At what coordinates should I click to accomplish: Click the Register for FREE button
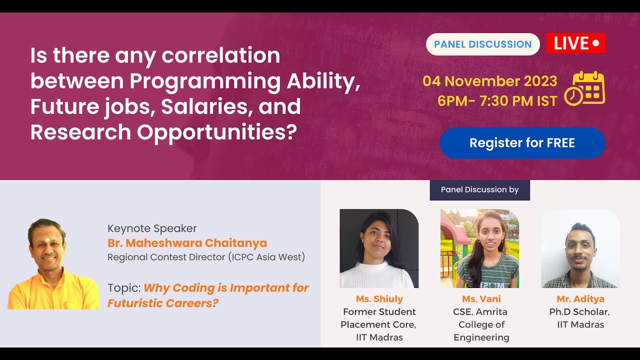pyautogui.click(x=522, y=143)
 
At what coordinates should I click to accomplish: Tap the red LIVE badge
pyautogui.click(x=575, y=43)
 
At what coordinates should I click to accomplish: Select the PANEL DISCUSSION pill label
pyautogui.click(x=483, y=44)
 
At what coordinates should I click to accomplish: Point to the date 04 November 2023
pyautogui.click(x=489, y=81)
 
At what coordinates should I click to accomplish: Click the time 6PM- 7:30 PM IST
pyautogui.click(x=497, y=101)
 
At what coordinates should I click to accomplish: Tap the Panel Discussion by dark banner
pyautogui.click(x=479, y=189)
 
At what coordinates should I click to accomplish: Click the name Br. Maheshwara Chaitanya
pyautogui.click(x=187, y=243)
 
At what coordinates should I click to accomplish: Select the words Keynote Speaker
pyautogui.click(x=152, y=228)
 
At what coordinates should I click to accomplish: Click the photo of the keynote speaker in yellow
pyautogui.click(x=53, y=264)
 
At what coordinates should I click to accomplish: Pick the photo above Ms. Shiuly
pyautogui.click(x=379, y=248)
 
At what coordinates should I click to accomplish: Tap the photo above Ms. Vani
pyautogui.click(x=479, y=248)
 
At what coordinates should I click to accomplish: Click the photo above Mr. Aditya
pyautogui.click(x=580, y=248)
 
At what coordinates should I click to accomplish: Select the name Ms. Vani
pyautogui.click(x=481, y=299)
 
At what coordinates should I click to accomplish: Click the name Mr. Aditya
pyautogui.click(x=580, y=299)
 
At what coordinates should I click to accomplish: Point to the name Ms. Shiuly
pyautogui.click(x=379, y=299)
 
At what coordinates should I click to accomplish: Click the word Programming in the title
pyautogui.click(x=205, y=82)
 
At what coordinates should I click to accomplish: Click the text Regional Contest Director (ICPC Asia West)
pyautogui.click(x=206, y=257)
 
